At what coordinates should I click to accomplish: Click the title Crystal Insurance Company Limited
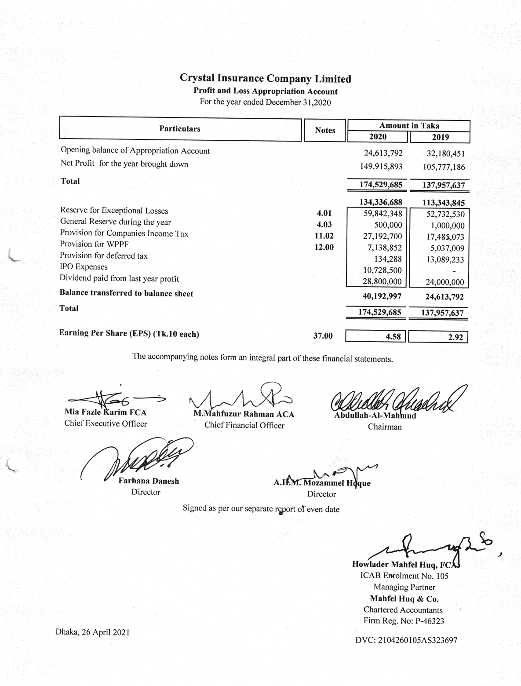click(266, 79)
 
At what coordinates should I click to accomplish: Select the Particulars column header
click(179, 129)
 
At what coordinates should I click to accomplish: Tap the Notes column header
click(325, 130)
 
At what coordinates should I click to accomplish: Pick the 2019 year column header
click(440, 137)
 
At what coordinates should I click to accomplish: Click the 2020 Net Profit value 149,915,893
click(381, 167)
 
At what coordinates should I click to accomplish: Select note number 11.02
click(324, 236)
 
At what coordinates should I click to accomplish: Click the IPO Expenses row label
click(84, 267)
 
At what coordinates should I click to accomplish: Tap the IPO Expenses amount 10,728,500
click(382, 270)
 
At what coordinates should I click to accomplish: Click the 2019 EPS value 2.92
click(455, 337)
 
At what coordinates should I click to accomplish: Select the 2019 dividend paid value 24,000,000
click(444, 282)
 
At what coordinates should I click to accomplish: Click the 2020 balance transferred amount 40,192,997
click(382, 296)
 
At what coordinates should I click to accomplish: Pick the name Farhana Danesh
click(149, 481)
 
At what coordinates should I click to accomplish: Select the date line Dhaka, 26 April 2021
click(93, 632)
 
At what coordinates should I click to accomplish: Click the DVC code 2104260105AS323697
click(406, 640)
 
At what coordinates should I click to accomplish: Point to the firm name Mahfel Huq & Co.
click(404, 599)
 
